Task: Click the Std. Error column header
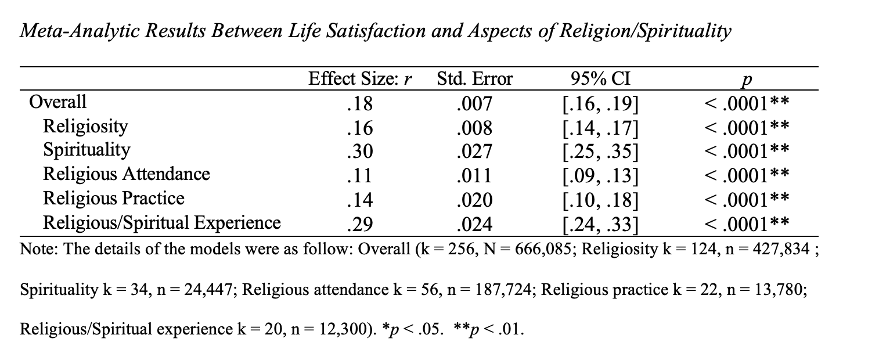tap(474, 79)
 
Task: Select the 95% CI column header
tap(601, 79)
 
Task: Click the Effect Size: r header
tap(360, 79)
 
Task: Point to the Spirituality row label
tap(87, 150)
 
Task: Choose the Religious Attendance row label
tap(127, 174)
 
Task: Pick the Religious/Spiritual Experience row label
tap(162, 222)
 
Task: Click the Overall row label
tap(57, 102)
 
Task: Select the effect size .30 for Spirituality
tap(359, 151)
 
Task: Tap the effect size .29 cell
tap(359, 224)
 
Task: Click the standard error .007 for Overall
tap(474, 103)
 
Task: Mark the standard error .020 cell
tap(474, 199)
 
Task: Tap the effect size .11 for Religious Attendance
tap(359, 175)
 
